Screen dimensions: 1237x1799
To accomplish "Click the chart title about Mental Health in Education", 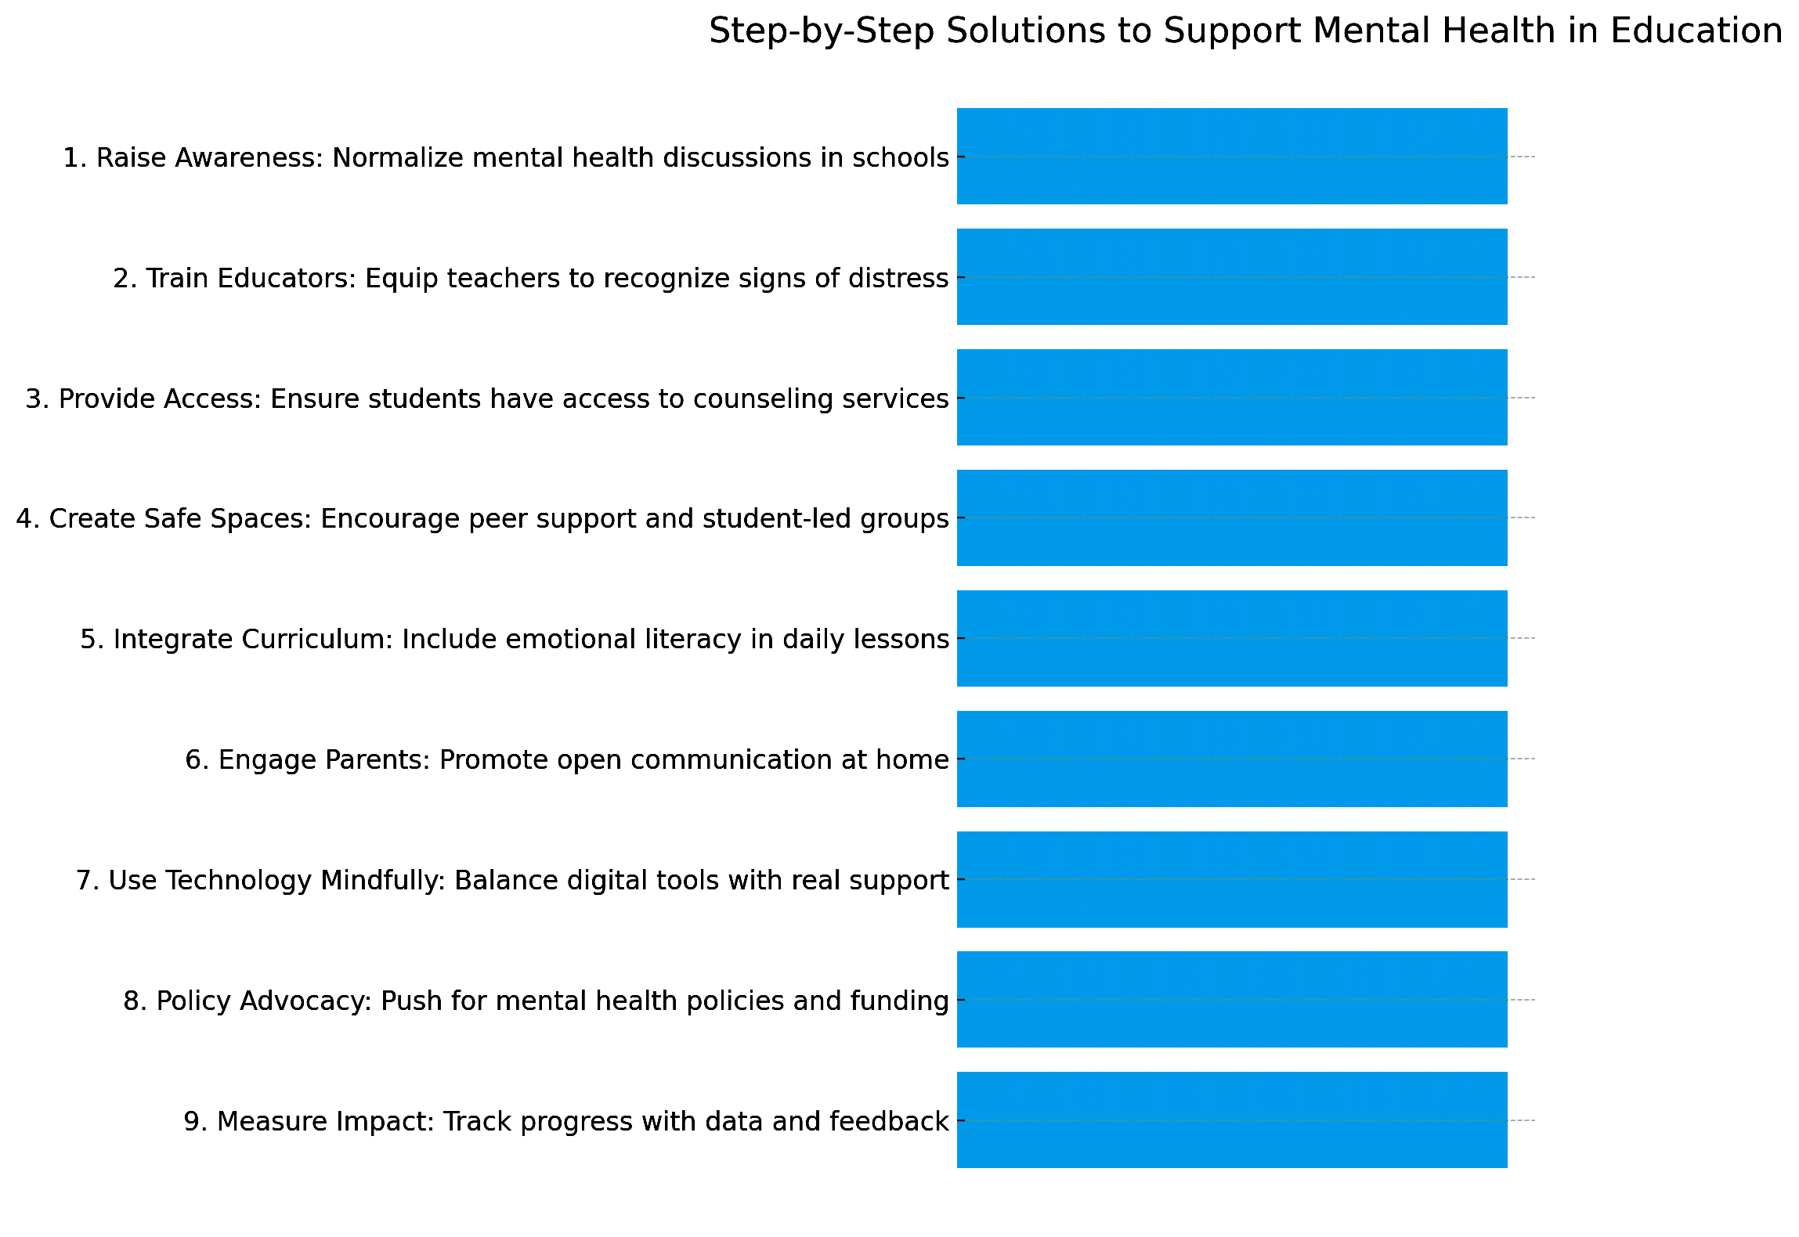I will [x=1245, y=31].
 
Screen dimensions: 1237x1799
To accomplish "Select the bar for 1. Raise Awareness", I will [x=1231, y=157].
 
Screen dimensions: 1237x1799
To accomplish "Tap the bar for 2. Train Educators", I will [x=1231, y=277].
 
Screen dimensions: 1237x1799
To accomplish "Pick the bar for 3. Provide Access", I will [x=1231, y=398].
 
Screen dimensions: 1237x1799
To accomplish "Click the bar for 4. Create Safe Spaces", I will [x=1231, y=518].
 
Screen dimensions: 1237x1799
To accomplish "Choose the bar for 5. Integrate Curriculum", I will [x=1231, y=638].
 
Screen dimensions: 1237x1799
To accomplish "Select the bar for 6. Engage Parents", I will [x=1231, y=759].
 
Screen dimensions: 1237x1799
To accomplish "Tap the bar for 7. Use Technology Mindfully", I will [x=1231, y=879].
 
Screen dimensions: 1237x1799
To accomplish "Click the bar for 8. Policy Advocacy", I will [x=1231, y=1000].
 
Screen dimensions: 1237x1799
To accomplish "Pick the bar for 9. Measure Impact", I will [x=1231, y=1120].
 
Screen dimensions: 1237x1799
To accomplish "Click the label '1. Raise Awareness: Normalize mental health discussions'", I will [x=506, y=158].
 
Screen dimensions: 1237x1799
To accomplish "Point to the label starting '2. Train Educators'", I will [x=531, y=279].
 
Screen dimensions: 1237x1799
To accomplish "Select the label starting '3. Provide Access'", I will [x=487, y=399].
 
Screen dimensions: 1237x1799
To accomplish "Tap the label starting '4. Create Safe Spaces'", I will [x=482, y=519].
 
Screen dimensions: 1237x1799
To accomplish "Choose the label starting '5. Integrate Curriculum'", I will [x=515, y=640].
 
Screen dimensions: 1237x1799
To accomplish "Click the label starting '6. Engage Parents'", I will [x=567, y=760].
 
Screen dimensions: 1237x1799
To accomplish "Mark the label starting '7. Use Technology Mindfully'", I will [x=512, y=881].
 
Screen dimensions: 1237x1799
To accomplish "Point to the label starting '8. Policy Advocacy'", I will [x=536, y=1001].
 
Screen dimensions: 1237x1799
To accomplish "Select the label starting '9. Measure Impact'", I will [x=566, y=1122].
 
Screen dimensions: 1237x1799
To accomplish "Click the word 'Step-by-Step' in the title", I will [x=821, y=31].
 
